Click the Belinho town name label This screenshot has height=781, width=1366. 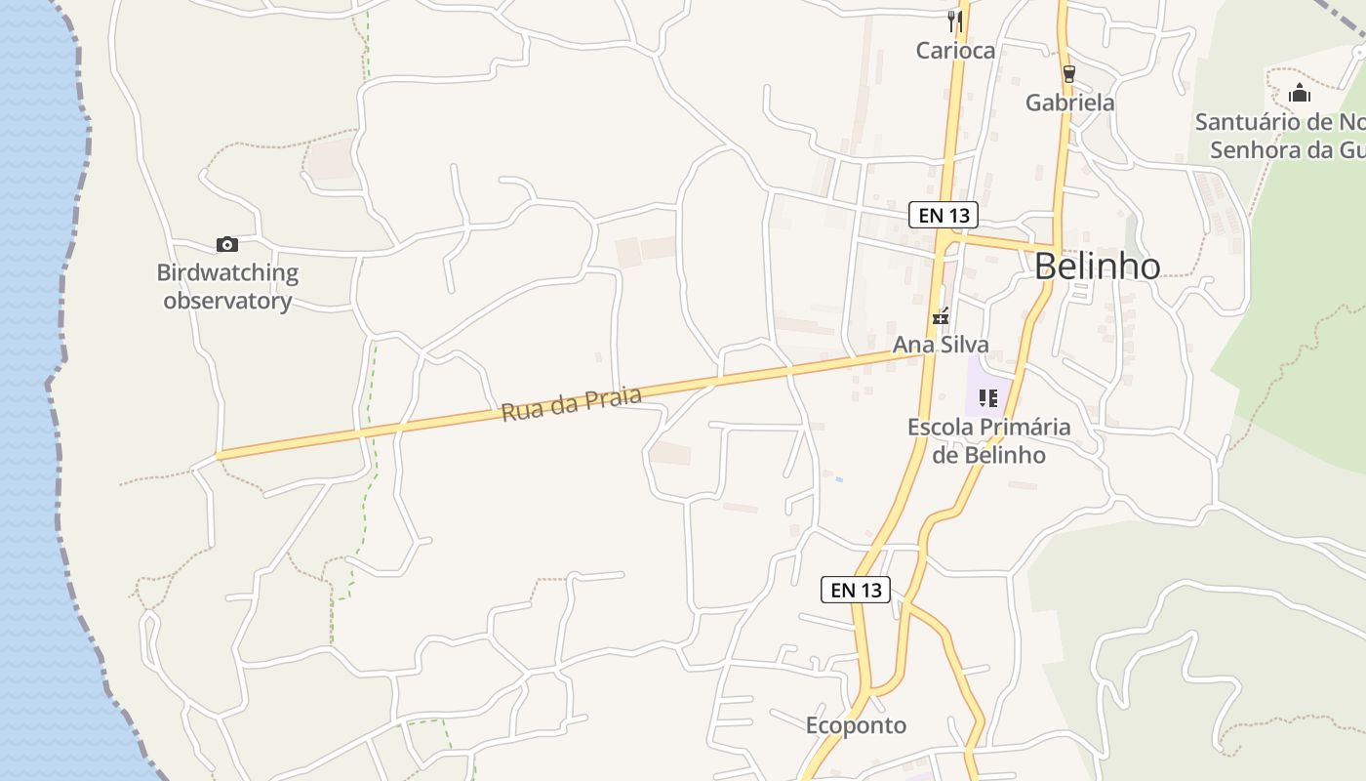point(1097,267)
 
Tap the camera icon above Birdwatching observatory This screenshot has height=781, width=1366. point(226,244)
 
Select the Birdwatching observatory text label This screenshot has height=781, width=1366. point(228,287)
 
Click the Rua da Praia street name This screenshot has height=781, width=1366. point(572,404)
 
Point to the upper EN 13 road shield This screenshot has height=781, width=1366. point(943,215)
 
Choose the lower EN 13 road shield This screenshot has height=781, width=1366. point(856,590)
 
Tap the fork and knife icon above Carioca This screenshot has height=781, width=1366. point(955,21)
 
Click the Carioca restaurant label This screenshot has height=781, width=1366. point(955,51)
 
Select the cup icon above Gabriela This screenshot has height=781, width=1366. point(1069,74)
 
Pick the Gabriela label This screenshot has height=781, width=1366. point(1069,103)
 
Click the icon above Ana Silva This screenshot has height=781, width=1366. point(941,316)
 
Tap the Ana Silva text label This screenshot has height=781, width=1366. point(941,345)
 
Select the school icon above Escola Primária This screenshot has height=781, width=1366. point(988,398)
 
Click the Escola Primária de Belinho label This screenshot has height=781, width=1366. point(988,441)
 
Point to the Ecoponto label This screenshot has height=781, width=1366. point(856,725)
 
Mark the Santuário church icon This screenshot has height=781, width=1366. point(1300,94)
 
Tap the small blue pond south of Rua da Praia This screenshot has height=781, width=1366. point(838,478)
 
